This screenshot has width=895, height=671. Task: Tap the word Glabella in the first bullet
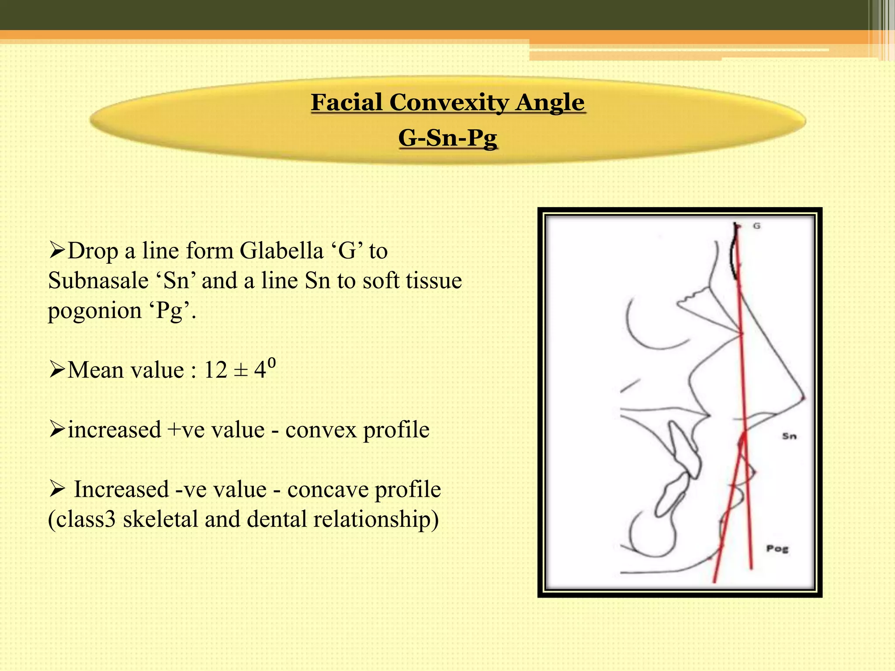point(281,251)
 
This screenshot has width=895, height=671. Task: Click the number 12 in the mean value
point(215,370)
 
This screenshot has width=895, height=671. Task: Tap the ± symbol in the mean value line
point(240,370)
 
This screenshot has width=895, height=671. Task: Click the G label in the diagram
point(757,226)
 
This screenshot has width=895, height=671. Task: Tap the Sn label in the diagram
point(789,436)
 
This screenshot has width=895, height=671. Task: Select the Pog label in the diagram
point(777,549)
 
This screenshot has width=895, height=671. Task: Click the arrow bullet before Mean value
point(57,370)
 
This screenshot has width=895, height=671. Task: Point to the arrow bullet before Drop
point(57,251)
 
